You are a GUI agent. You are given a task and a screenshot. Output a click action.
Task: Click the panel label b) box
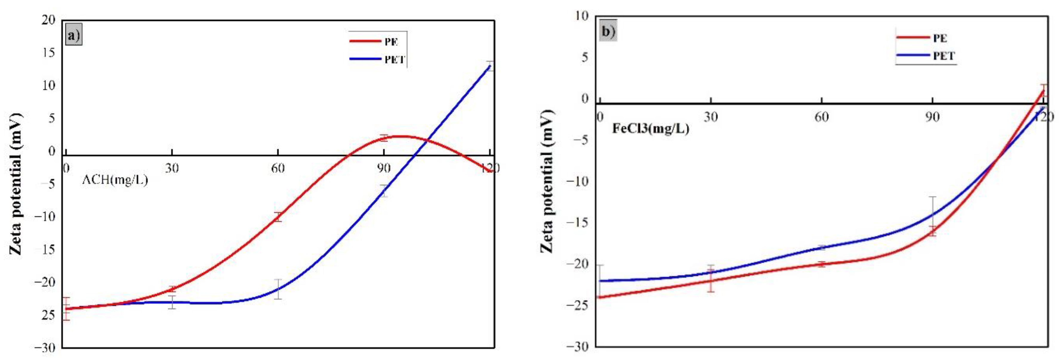click(x=608, y=32)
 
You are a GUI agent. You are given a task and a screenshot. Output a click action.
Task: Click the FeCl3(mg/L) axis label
click(x=650, y=129)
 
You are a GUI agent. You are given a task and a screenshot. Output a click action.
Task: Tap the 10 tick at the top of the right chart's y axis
click(x=582, y=16)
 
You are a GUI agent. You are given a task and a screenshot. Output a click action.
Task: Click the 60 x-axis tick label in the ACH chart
click(x=278, y=168)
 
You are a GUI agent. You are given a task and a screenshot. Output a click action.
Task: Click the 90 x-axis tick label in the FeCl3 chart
click(x=932, y=117)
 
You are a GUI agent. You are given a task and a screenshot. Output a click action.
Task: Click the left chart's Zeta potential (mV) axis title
click(x=15, y=184)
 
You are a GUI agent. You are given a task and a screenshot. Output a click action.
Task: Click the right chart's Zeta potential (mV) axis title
click(x=546, y=181)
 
